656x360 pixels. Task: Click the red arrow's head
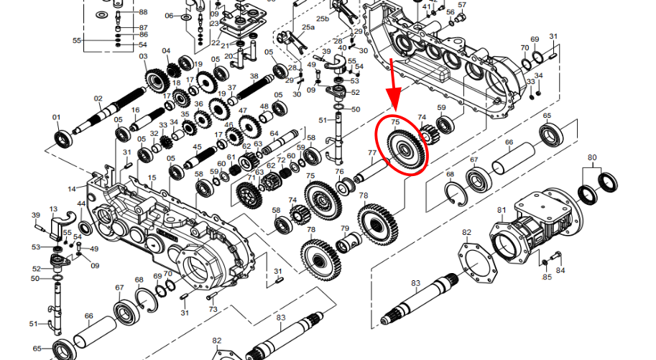tap(395, 100)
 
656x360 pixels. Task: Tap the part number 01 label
tap(56, 117)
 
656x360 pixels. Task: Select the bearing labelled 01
tap(64, 139)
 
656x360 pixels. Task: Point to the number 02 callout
tap(98, 98)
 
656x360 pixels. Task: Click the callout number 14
tap(72, 189)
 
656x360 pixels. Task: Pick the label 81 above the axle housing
tap(502, 210)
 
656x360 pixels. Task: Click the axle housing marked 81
tap(536, 228)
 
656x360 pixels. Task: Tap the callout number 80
tap(592, 157)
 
